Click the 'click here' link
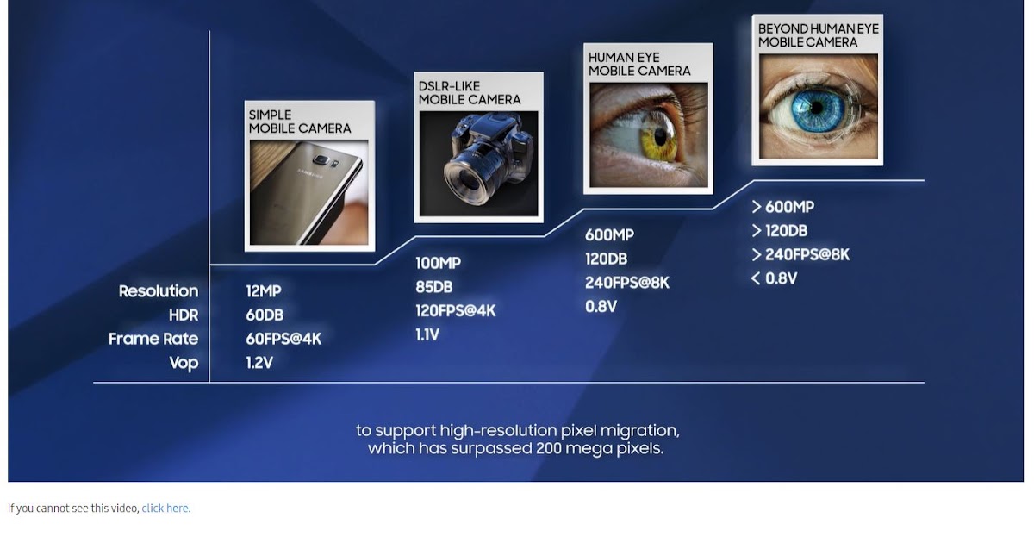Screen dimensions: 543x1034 (x=165, y=509)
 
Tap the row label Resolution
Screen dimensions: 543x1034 (x=159, y=291)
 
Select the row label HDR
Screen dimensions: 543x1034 (x=184, y=315)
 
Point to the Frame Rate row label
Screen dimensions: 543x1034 (x=153, y=339)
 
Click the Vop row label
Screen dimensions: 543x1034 (x=184, y=363)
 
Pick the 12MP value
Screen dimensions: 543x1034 (x=264, y=291)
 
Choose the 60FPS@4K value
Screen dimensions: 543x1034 (x=283, y=339)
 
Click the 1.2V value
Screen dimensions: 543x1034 (x=259, y=363)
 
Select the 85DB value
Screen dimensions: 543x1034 (x=434, y=287)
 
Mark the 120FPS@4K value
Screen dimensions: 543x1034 (x=456, y=310)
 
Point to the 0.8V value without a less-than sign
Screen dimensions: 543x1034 (x=601, y=306)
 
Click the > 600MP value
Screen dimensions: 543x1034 (x=782, y=207)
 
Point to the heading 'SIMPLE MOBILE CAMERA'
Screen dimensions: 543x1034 (x=300, y=122)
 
